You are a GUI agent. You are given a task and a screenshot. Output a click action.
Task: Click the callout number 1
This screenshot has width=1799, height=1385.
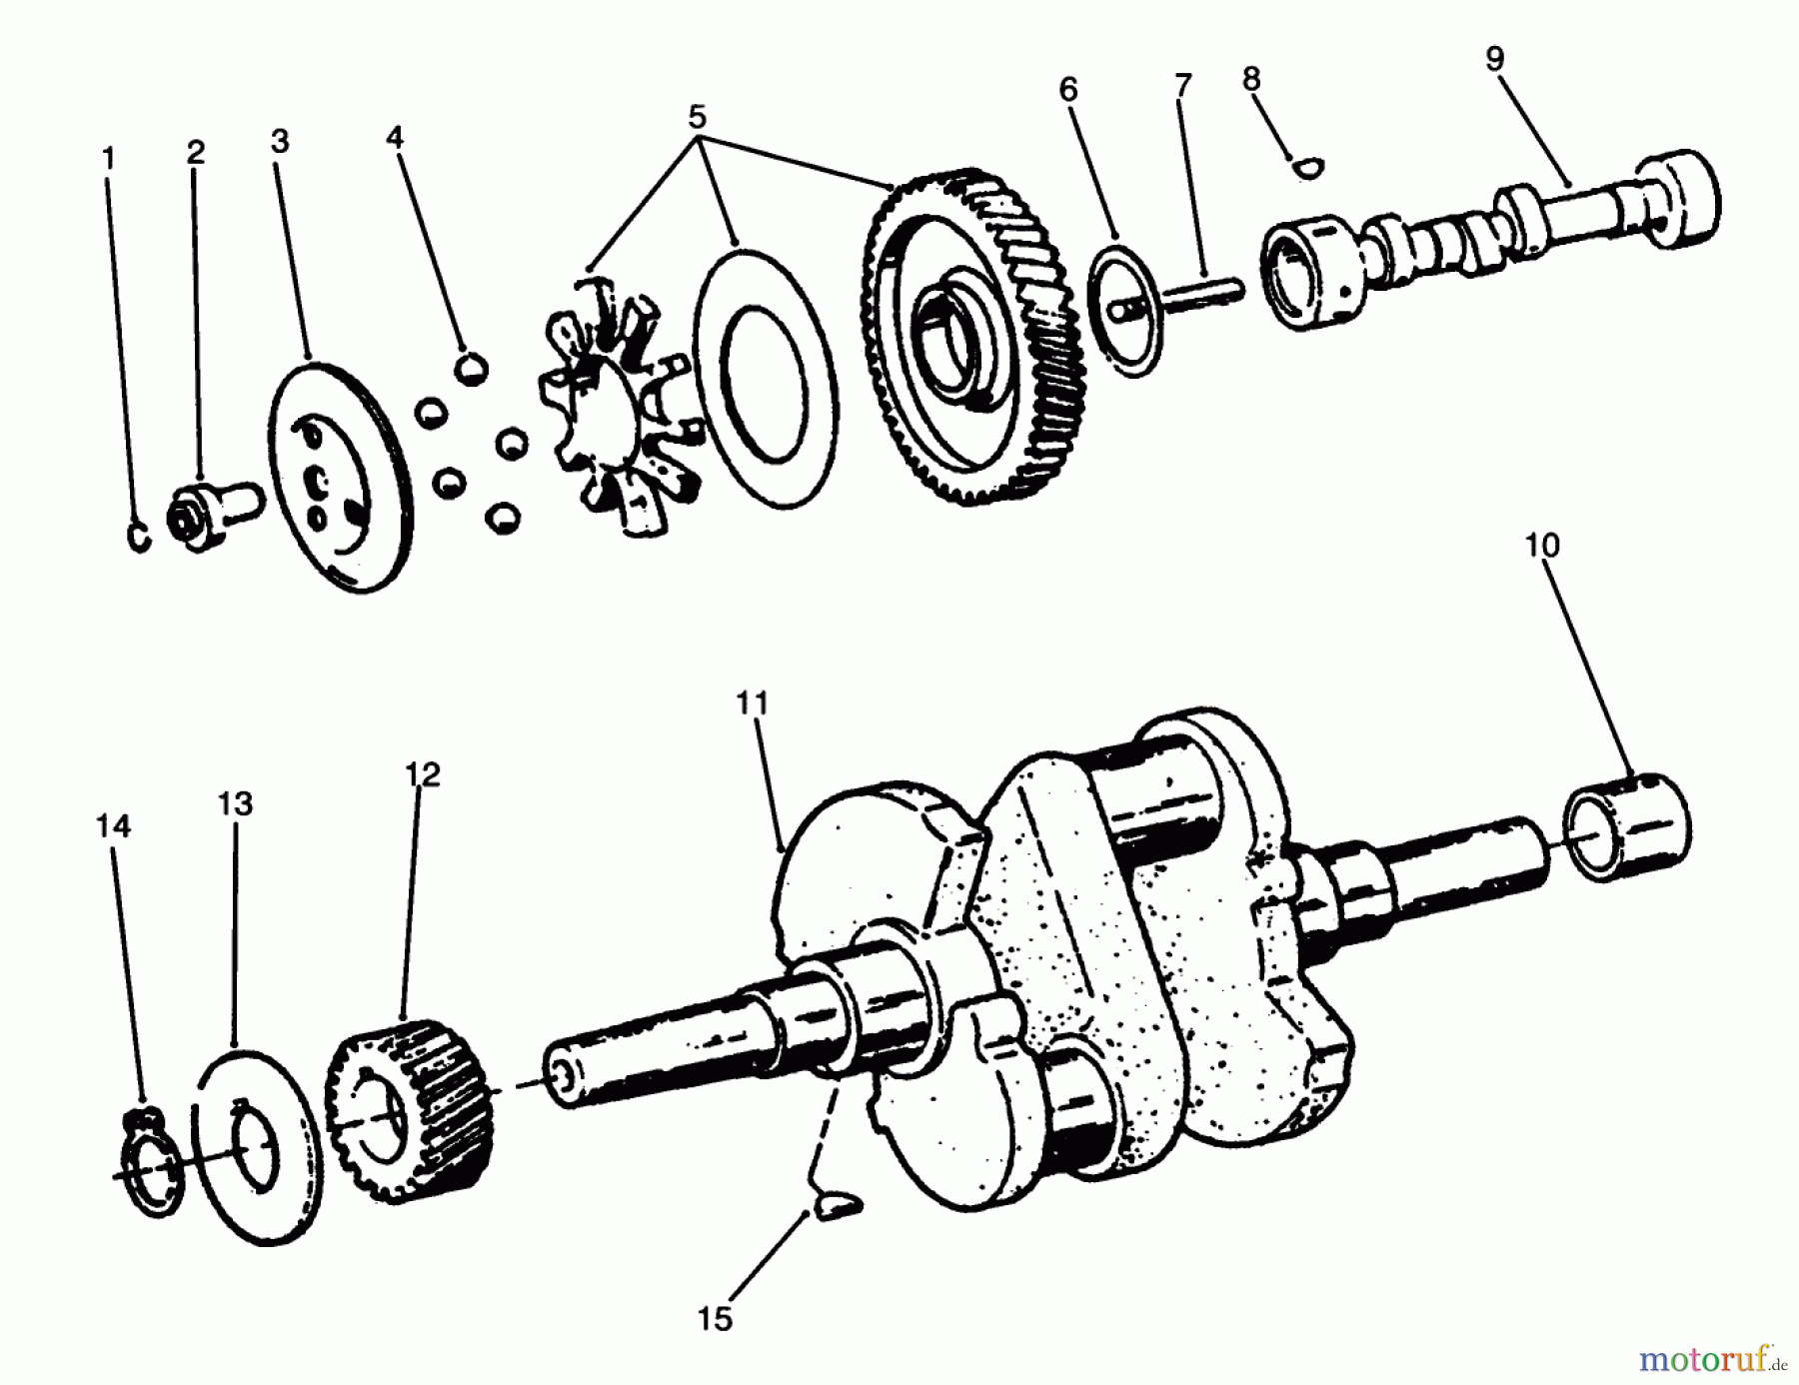click(x=108, y=158)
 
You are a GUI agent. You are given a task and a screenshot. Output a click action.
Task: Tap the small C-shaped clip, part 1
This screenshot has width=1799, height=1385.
click(x=141, y=535)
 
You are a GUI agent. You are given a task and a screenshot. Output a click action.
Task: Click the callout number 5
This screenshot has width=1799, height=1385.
click(x=697, y=117)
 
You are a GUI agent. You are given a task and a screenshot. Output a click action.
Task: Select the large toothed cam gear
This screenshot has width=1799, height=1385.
click(x=974, y=340)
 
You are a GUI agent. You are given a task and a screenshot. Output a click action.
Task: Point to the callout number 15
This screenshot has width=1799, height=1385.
click(x=715, y=1319)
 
